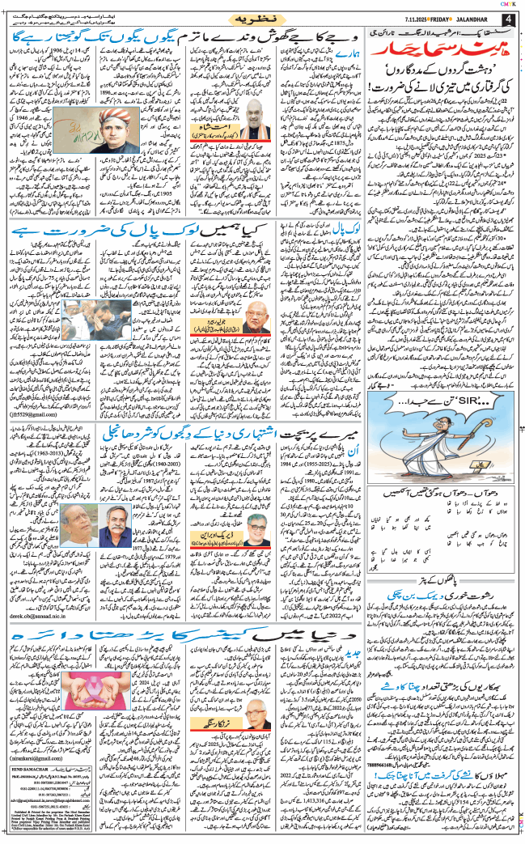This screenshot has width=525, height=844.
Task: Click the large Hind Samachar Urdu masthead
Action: [x=434, y=55]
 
